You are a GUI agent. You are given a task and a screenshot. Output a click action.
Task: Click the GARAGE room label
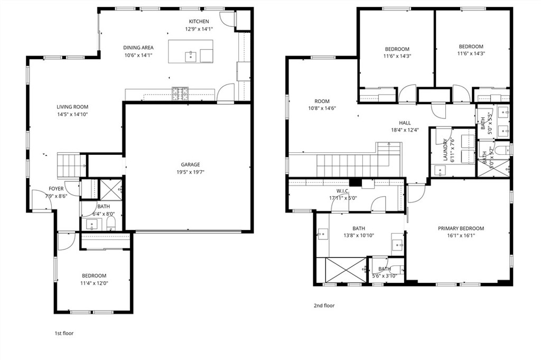click(188, 164)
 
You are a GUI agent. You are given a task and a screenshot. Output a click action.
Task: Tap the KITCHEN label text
click(199, 22)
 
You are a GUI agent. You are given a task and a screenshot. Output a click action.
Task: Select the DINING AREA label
click(138, 48)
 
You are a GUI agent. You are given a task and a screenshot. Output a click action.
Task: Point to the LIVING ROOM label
click(73, 107)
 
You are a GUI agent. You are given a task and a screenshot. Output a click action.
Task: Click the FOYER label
click(56, 189)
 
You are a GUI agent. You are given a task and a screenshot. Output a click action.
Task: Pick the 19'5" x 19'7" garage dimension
click(188, 172)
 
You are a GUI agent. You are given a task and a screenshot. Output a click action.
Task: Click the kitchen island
click(191, 51)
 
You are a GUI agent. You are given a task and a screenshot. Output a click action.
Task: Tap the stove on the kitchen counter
click(180, 94)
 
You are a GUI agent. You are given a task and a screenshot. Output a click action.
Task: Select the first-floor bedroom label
click(94, 276)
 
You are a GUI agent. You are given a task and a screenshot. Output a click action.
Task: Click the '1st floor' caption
click(64, 334)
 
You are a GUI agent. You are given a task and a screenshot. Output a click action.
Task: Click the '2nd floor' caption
click(324, 306)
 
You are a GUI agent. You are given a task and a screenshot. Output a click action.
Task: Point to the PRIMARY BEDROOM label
click(461, 228)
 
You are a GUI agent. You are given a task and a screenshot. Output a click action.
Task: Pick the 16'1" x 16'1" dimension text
click(461, 236)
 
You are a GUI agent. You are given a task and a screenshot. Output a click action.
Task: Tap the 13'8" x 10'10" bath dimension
click(359, 236)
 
